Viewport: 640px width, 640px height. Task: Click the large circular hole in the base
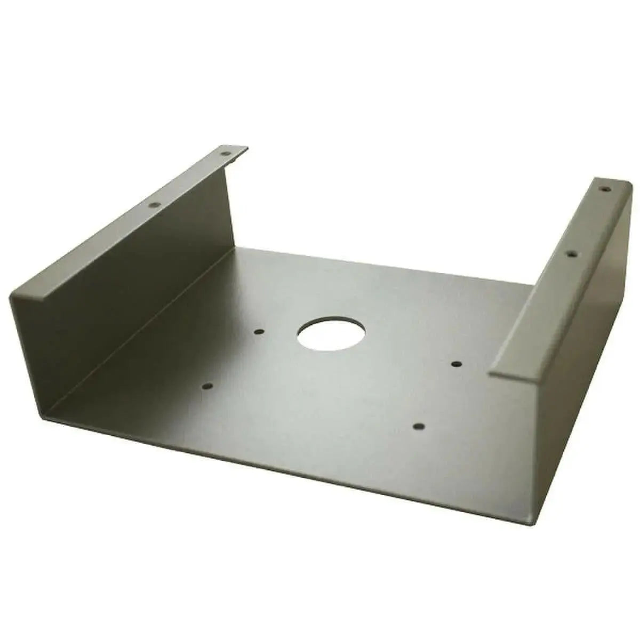click(331, 334)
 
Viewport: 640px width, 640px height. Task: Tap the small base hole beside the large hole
click(259, 332)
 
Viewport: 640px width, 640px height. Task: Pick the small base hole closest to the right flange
click(456, 364)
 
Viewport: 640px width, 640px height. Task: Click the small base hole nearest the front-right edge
click(419, 426)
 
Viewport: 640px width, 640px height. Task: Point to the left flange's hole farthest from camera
click(226, 155)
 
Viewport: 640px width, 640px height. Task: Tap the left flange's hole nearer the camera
click(155, 204)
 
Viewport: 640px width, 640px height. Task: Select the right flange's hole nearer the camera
click(571, 255)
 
